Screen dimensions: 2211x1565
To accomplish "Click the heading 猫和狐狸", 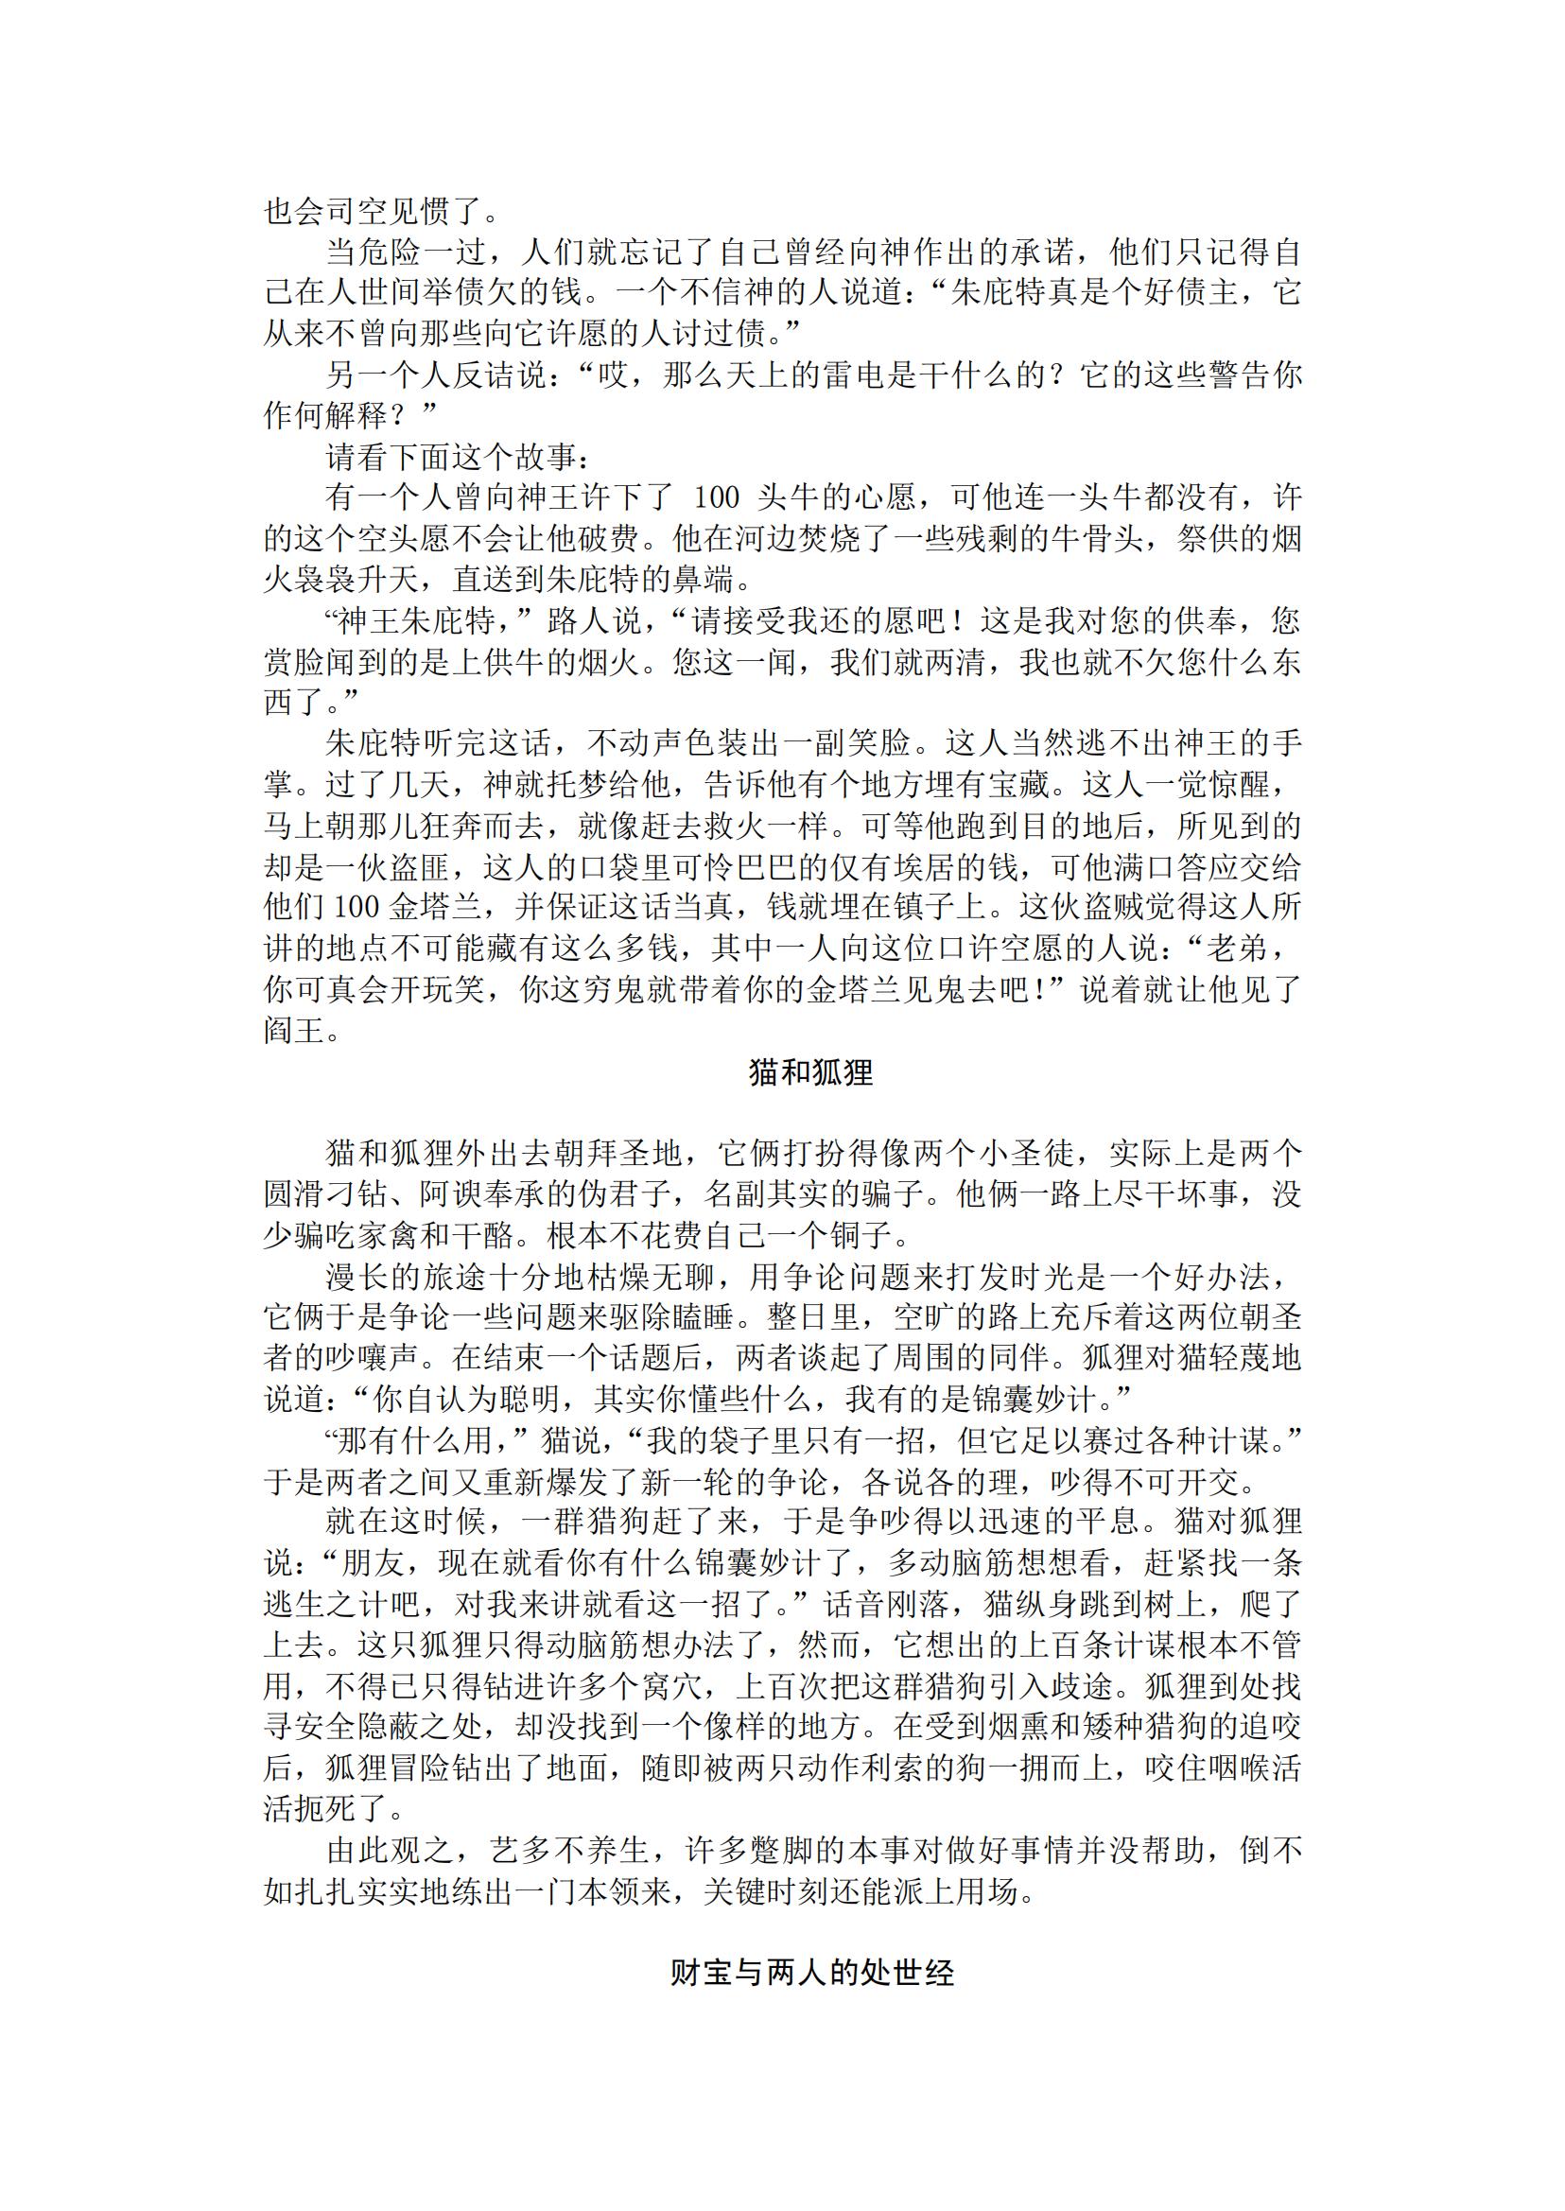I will click(x=810, y=1072).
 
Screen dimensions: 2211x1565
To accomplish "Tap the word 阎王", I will click(x=295, y=1032).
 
